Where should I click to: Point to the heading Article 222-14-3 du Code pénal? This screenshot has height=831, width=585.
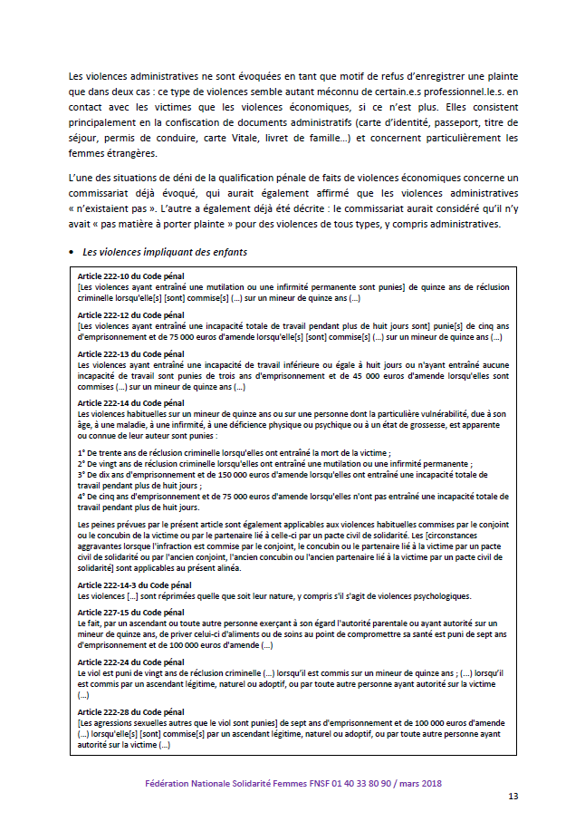[x=134, y=586]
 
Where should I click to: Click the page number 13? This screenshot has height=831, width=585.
[x=513, y=797]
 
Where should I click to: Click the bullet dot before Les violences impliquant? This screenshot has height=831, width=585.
[x=71, y=251]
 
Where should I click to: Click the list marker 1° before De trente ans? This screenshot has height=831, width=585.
[x=82, y=450]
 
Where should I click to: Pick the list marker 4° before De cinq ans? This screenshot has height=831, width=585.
[x=82, y=496]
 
